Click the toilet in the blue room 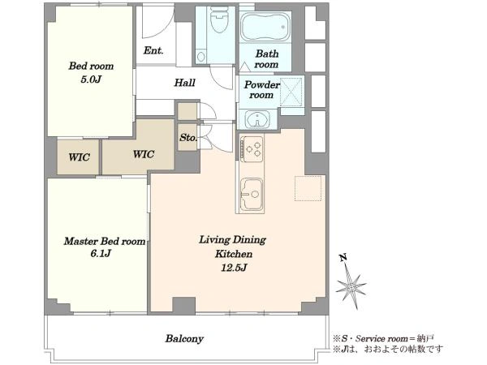tap(219, 19)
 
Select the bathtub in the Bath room tap(265, 27)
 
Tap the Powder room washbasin tap(257, 118)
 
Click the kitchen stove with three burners tap(252, 148)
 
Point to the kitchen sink tap(252, 195)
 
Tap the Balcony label tap(184, 338)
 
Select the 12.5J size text tap(234, 268)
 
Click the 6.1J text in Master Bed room tap(101, 254)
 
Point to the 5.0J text tap(91, 79)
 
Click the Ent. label tap(153, 50)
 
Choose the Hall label tap(184, 83)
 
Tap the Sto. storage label tap(188, 137)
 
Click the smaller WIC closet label tap(80, 157)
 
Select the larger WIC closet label tap(144, 154)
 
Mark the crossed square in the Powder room tap(291, 92)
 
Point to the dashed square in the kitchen tap(308, 188)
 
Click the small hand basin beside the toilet tap(201, 57)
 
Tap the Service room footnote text tap(383, 338)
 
